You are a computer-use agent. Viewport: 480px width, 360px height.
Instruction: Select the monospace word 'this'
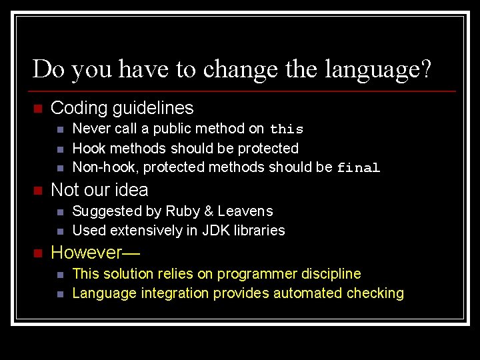[x=287, y=129]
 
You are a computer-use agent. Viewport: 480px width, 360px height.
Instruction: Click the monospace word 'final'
[x=358, y=168]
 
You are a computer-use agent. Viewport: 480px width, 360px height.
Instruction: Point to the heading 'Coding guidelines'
[x=122, y=108]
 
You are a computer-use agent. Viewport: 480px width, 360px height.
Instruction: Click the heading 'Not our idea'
[x=99, y=190]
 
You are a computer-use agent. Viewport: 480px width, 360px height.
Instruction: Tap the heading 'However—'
[x=87, y=253]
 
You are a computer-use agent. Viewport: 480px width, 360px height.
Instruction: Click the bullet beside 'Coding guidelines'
[x=37, y=109]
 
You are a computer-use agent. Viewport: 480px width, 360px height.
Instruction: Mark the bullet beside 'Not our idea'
[x=37, y=191]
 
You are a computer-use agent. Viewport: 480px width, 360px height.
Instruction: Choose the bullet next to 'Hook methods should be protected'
[x=60, y=149]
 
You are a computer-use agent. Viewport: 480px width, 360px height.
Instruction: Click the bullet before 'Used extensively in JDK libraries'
[x=60, y=231]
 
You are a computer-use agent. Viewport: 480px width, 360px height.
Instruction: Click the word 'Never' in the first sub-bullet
[x=91, y=129]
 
